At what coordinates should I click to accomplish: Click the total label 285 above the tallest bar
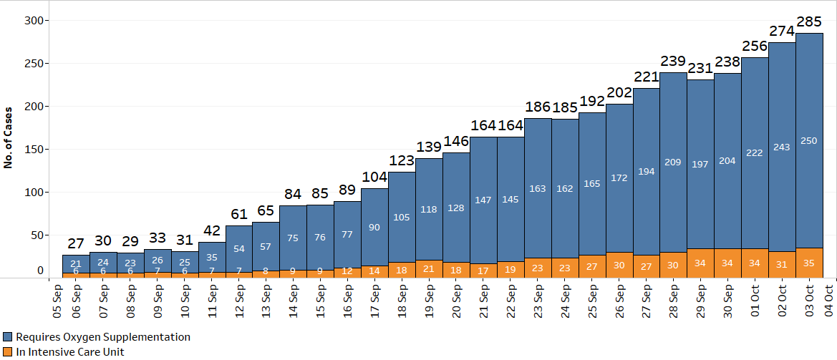point(809,22)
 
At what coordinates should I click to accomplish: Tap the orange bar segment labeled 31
point(782,264)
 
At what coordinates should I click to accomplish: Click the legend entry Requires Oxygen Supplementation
point(97,336)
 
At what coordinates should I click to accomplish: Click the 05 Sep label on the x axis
point(58,303)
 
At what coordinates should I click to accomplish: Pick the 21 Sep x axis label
point(484,303)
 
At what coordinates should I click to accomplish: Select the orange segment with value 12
point(347,271)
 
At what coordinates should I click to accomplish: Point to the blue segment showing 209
point(673,162)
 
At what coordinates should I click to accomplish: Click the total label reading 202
point(619,93)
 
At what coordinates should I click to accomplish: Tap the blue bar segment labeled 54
point(238,248)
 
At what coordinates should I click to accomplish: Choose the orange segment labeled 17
point(483,271)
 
